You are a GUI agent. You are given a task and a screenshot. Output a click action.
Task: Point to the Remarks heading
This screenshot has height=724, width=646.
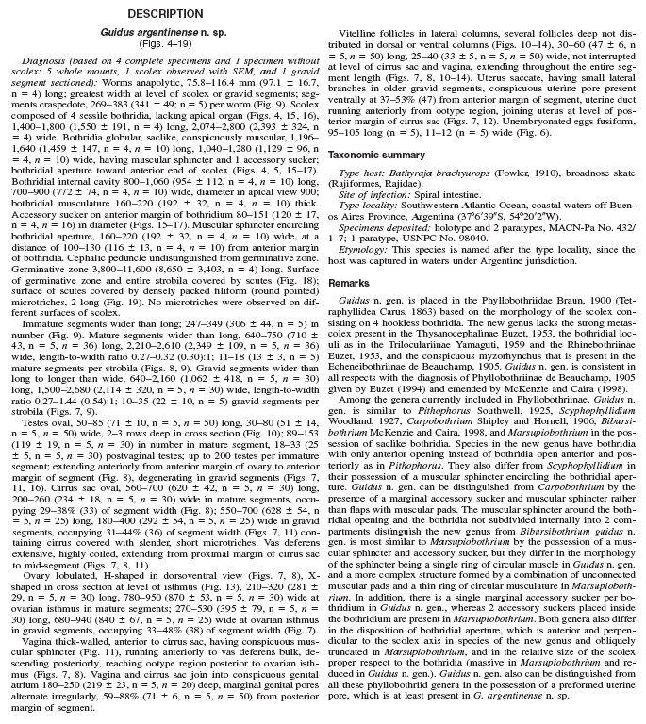pos(349,283)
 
